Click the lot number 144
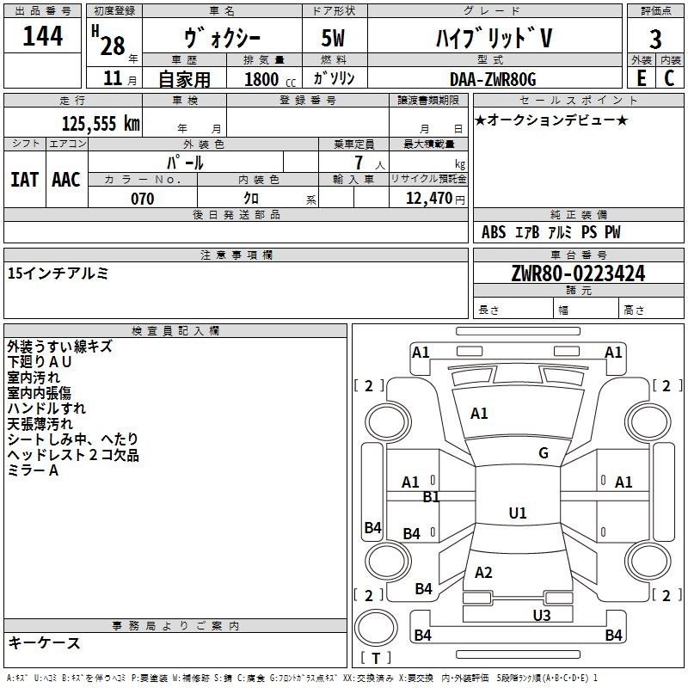pyautogui.click(x=42, y=36)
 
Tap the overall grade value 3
pyautogui.click(x=655, y=39)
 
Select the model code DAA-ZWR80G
pyautogui.click(x=493, y=79)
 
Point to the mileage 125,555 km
pyautogui.click(x=101, y=123)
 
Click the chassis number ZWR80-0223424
pyautogui.click(x=578, y=273)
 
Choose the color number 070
pyautogui.click(x=143, y=199)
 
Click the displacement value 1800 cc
pyautogui.click(x=270, y=79)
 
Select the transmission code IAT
pyautogui.click(x=25, y=180)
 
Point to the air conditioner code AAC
pyautogui.click(x=66, y=180)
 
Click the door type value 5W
pyautogui.click(x=333, y=38)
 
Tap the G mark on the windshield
pyautogui.click(x=544, y=452)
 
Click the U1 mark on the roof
pyautogui.click(x=518, y=513)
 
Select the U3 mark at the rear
pyautogui.click(x=542, y=615)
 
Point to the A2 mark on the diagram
pyautogui.click(x=483, y=572)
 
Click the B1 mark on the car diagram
pyautogui.click(x=431, y=497)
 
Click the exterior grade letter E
pyautogui.click(x=641, y=78)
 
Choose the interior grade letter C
pyautogui.click(x=669, y=78)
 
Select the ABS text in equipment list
pyautogui.click(x=494, y=232)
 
